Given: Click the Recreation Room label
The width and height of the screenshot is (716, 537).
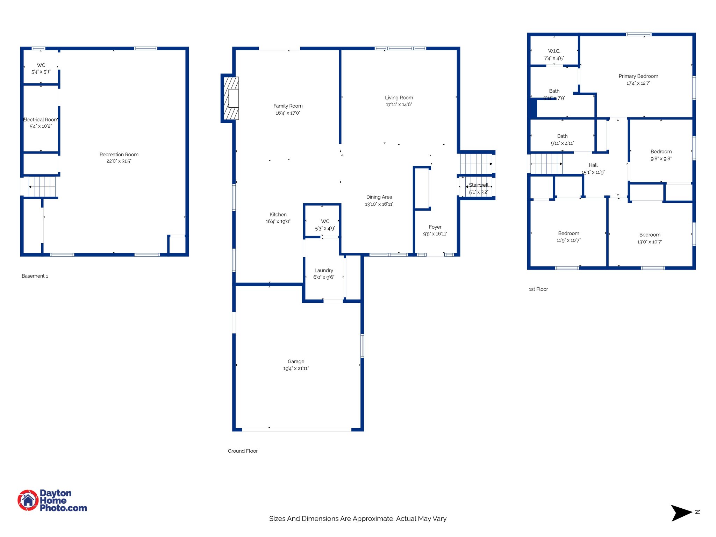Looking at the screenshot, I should tap(119, 155).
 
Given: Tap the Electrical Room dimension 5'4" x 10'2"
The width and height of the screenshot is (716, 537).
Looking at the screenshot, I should tap(41, 126).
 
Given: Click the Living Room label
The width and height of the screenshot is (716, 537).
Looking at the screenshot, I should tap(399, 98).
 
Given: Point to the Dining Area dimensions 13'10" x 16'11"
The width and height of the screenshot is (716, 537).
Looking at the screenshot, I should tap(379, 204).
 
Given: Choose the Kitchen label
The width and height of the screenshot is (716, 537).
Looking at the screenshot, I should tap(278, 214).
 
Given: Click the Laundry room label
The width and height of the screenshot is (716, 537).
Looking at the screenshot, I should tap(324, 270).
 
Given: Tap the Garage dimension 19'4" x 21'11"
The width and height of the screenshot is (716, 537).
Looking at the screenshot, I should tap(296, 368).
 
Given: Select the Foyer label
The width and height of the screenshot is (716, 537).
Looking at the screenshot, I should tap(435, 227).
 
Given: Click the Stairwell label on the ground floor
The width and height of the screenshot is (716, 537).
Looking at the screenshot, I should tap(478, 185).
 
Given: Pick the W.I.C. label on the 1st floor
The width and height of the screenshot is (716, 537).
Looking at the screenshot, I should tap(554, 51).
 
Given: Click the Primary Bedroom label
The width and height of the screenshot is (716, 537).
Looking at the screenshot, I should tap(638, 76).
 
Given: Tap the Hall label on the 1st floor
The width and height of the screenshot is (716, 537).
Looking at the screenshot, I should tap(593, 165).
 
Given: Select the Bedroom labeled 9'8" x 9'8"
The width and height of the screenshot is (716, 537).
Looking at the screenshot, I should tap(661, 151).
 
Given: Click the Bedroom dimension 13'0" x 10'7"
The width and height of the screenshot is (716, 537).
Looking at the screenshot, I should tap(650, 242).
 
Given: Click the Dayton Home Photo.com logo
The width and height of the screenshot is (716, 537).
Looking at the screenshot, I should tap(52, 500).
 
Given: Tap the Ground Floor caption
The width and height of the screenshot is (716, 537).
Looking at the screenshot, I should tap(243, 451).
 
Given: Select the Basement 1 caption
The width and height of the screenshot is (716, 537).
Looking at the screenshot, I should tap(35, 276).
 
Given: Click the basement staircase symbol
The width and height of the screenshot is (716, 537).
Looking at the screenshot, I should tap(42, 187).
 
